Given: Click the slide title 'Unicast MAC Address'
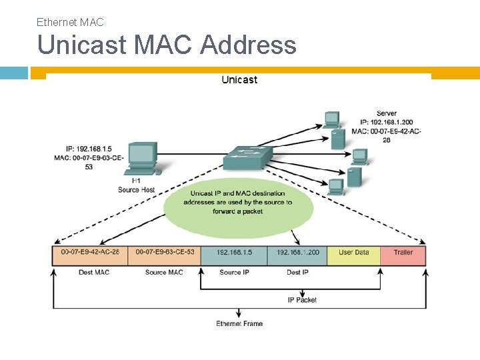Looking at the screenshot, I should tap(167, 45).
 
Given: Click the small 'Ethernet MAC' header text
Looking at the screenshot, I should tap(70, 22).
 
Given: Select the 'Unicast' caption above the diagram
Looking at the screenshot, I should tap(239, 80).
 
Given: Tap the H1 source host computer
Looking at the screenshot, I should tap(141, 159).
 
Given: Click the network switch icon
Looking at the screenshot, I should tap(247, 157).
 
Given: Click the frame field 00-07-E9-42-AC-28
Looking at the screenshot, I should tap(90, 253).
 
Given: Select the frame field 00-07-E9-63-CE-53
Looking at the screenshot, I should tap(165, 253).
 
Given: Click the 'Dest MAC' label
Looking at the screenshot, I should tap(93, 272).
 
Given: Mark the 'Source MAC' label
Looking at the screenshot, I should tap(164, 272).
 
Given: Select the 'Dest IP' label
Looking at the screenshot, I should tap(297, 272).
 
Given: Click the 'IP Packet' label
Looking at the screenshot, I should tap(302, 300).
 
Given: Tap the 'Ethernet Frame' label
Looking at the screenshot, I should tap(239, 324).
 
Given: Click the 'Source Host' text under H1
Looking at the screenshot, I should tap(136, 190).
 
